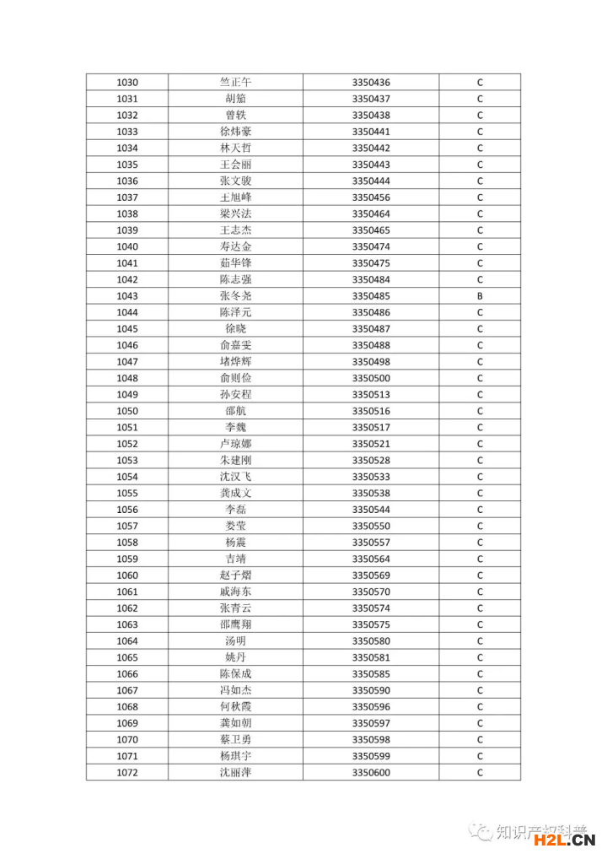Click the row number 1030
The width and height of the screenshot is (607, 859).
tap(127, 83)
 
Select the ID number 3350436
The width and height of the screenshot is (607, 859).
tap(371, 83)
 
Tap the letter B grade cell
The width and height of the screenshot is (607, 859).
tap(480, 296)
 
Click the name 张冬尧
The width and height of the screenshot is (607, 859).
tap(235, 296)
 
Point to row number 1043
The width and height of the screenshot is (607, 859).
tap(127, 296)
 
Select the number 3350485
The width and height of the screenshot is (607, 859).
tap(371, 296)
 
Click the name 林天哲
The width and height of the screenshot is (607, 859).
tap(235, 149)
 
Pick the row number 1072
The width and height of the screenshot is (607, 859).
tap(127, 773)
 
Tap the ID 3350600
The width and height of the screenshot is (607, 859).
tap(371, 773)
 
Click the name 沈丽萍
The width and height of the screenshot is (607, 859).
tap(235, 773)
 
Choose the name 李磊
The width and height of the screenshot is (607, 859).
tap(235, 510)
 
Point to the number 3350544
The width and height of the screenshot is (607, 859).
tap(371, 510)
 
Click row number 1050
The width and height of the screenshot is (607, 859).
tap(127, 411)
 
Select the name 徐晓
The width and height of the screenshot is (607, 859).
tap(235, 329)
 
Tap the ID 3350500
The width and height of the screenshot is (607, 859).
tap(371, 378)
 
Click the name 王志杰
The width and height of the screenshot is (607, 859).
tap(235, 230)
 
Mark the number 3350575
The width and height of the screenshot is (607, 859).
tap(371, 625)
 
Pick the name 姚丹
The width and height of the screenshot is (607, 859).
tap(235, 657)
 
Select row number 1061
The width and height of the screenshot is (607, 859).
tap(127, 592)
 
